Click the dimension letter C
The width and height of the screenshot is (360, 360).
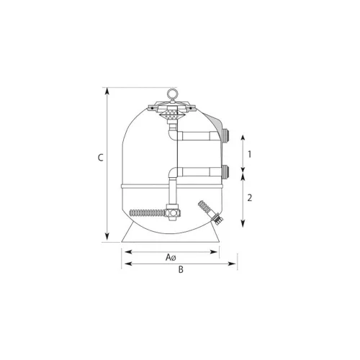pyautogui.click(x=101, y=158)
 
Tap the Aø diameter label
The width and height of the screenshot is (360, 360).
pyautogui.click(x=171, y=258)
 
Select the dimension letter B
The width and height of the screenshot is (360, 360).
pyautogui.click(x=181, y=269)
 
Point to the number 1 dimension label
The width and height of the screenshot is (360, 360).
pyautogui.click(x=250, y=154)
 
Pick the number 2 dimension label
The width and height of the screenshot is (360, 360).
pyautogui.click(x=250, y=198)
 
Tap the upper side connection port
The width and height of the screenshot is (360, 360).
pyautogui.click(x=225, y=135)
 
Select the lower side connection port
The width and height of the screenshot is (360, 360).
pyautogui.click(x=225, y=171)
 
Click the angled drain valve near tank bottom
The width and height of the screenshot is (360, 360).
pyautogui.click(x=211, y=212)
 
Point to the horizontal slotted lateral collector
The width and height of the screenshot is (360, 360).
pyautogui.click(x=147, y=212)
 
